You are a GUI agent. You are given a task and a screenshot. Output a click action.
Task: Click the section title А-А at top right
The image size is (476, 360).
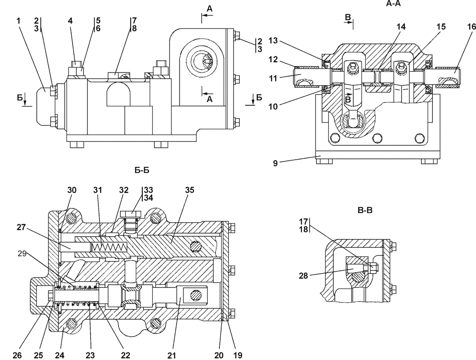(393, 3)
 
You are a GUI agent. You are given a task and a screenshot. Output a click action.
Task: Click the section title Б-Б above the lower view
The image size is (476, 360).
(142, 170)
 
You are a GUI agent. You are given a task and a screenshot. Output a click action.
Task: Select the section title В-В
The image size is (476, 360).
(365, 210)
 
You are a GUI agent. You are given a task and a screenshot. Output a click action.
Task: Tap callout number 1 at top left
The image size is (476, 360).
(18, 21)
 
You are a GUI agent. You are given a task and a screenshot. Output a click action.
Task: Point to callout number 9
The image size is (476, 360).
(275, 163)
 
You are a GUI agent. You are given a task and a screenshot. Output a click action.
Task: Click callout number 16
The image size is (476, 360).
(471, 27)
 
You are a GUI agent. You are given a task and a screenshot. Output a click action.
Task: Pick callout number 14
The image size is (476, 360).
(401, 27)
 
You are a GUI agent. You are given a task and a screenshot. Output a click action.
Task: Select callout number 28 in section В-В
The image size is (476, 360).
(303, 276)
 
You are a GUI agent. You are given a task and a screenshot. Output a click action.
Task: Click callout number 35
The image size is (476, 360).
(190, 190)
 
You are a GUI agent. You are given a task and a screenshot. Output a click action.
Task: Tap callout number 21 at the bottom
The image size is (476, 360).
(171, 355)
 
